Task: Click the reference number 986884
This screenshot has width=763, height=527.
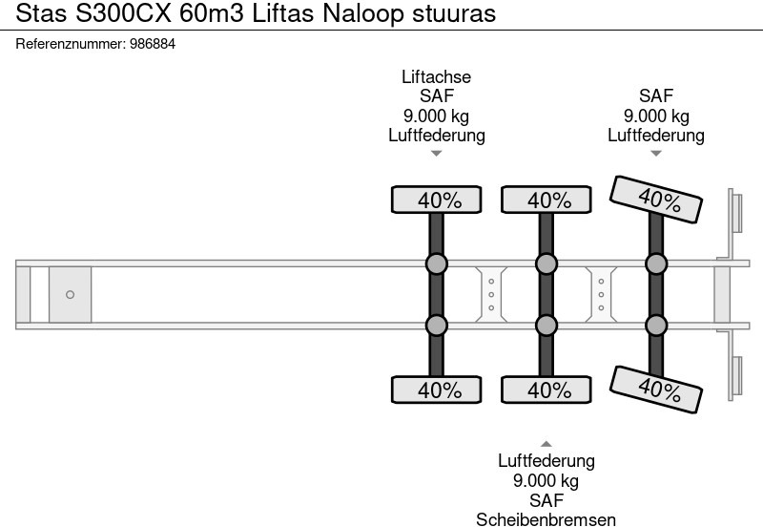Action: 153,44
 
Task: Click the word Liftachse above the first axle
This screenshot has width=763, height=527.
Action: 437,77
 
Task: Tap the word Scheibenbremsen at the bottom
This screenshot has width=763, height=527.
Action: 546,519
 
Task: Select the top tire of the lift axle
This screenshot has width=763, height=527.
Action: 437,200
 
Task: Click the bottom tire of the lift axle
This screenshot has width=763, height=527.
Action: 437,390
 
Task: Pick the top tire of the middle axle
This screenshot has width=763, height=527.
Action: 546,200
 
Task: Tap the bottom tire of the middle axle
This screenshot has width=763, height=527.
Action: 546,390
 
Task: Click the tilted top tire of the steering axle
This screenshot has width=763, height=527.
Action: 656,200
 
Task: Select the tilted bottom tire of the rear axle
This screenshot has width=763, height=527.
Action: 656,390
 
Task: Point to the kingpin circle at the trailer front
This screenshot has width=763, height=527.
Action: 70,295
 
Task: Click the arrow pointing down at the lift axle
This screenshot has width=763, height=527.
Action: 437,154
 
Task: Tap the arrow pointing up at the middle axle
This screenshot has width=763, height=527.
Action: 546,444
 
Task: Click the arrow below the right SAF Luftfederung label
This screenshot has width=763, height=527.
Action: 656,154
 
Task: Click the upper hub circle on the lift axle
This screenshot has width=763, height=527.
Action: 437,264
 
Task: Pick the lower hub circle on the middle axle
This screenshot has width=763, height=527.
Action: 546,326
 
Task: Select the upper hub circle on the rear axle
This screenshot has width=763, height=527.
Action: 656,264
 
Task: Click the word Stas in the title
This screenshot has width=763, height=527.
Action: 41,13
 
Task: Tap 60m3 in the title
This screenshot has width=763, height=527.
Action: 212,13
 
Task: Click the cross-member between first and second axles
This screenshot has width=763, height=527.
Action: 491,295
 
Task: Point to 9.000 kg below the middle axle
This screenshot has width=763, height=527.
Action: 546,481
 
